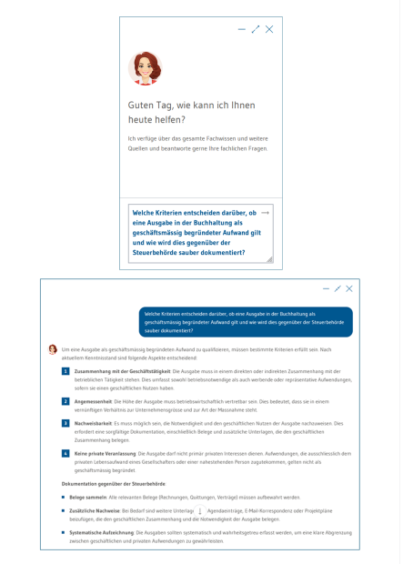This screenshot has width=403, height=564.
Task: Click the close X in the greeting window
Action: [269, 29]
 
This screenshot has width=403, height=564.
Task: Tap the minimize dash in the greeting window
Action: [242, 29]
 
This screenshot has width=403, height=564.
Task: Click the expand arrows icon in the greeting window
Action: [256, 29]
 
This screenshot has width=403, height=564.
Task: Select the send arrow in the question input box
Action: [265, 212]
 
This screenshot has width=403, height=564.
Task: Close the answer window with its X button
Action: [349, 288]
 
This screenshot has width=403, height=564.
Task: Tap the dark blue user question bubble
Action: [246, 322]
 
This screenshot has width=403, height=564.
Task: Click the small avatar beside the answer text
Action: [53, 348]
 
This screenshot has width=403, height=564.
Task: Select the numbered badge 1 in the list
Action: [65, 371]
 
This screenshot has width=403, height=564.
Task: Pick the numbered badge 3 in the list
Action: [65, 423]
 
